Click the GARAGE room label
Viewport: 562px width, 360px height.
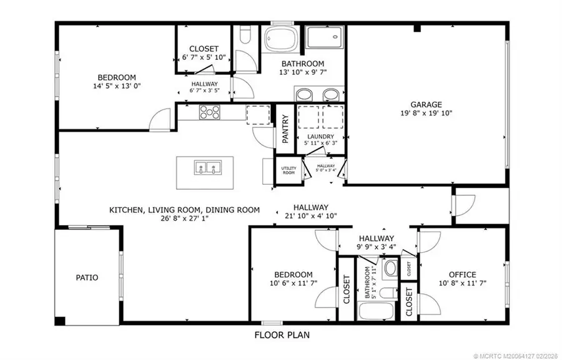tap(426, 104)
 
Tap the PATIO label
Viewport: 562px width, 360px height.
tap(87, 278)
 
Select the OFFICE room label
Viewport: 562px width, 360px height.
tap(462, 275)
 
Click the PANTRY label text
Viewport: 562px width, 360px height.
tap(285, 129)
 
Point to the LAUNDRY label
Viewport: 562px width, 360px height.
tap(319, 137)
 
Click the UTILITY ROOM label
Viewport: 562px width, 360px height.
tap(288, 170)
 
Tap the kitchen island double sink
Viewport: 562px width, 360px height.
tap(207, 167)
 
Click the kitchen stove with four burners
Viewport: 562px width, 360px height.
tap(209, 112)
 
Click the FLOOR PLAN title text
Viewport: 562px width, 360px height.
tap(281, 335)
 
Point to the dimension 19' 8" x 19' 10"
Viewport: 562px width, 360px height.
tap(426, 114)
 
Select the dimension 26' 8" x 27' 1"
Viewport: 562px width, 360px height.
tap(184, 220)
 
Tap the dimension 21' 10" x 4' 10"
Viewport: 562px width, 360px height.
tap(311, 216)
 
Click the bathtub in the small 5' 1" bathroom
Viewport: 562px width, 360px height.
tap(375, 310)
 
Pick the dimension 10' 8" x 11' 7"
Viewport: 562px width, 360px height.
tap(462, 284)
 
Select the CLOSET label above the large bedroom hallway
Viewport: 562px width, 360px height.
tap(204, 49)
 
